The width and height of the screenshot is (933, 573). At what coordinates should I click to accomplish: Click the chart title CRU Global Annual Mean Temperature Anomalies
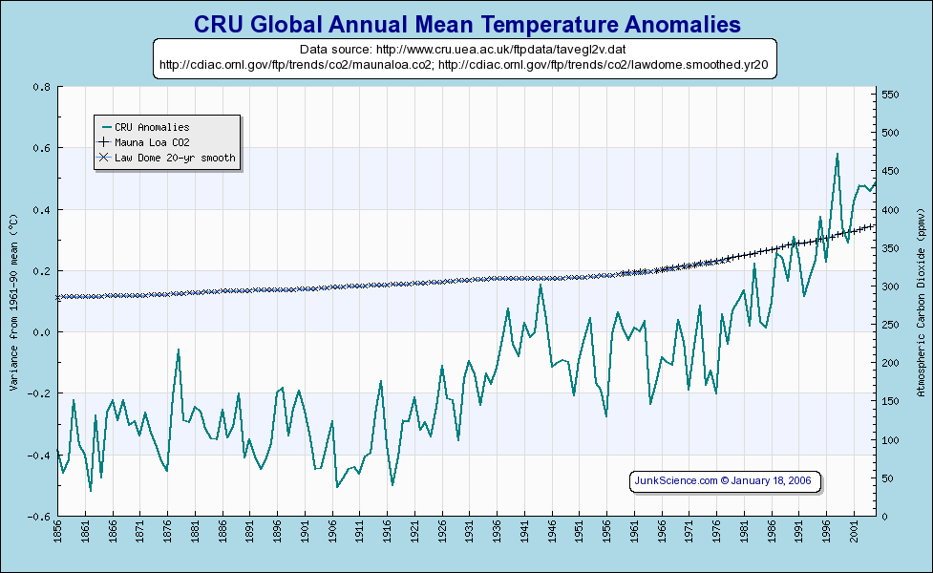pos(467,23)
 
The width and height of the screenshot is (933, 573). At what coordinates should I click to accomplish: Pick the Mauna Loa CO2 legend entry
pos(159,142)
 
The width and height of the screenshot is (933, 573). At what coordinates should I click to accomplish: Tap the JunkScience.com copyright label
pos(723,480)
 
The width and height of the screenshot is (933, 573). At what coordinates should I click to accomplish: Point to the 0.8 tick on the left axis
pos(42,87)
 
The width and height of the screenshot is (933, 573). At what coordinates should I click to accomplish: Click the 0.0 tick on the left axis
pos(42,332)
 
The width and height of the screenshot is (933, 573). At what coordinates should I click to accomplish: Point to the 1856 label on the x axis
pos(59,535)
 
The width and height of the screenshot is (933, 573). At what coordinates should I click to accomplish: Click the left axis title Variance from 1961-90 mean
pos(13,302)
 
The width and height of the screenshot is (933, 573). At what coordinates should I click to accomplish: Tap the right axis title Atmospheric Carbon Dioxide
pos(922,302)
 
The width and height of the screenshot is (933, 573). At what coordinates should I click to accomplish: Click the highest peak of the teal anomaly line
pos(838,154)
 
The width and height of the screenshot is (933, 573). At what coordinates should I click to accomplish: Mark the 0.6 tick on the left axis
pos(42,148)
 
